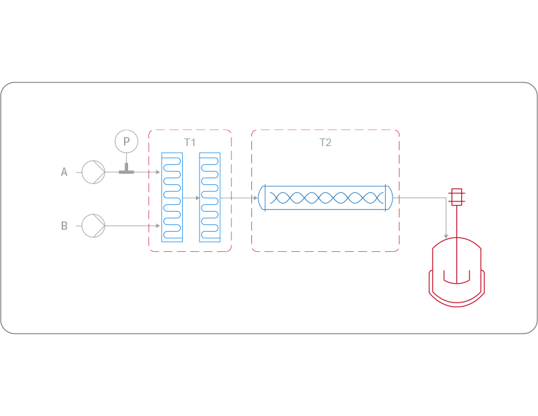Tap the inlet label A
(x=64, y=172)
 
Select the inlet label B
(x=64, y=226)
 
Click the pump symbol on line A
(x=93, y=172)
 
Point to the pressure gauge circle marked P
(x=126, y=141)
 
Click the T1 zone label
(x=190, y=142)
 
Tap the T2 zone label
(x=325, y=142)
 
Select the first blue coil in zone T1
(x=172, y=197)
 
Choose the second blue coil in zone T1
(x=210, y=197)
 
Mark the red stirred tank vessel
(x=456, y=273)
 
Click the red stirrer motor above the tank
(x=456, y=197)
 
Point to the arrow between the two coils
(x=197, y=198)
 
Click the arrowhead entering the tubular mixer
(x=255, y=198)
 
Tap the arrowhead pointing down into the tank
(x=447, y=237)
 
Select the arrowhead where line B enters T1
(x=158, y=226)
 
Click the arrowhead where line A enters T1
(x=158, y=172)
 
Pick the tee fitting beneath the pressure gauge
(x=126, y=170)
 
